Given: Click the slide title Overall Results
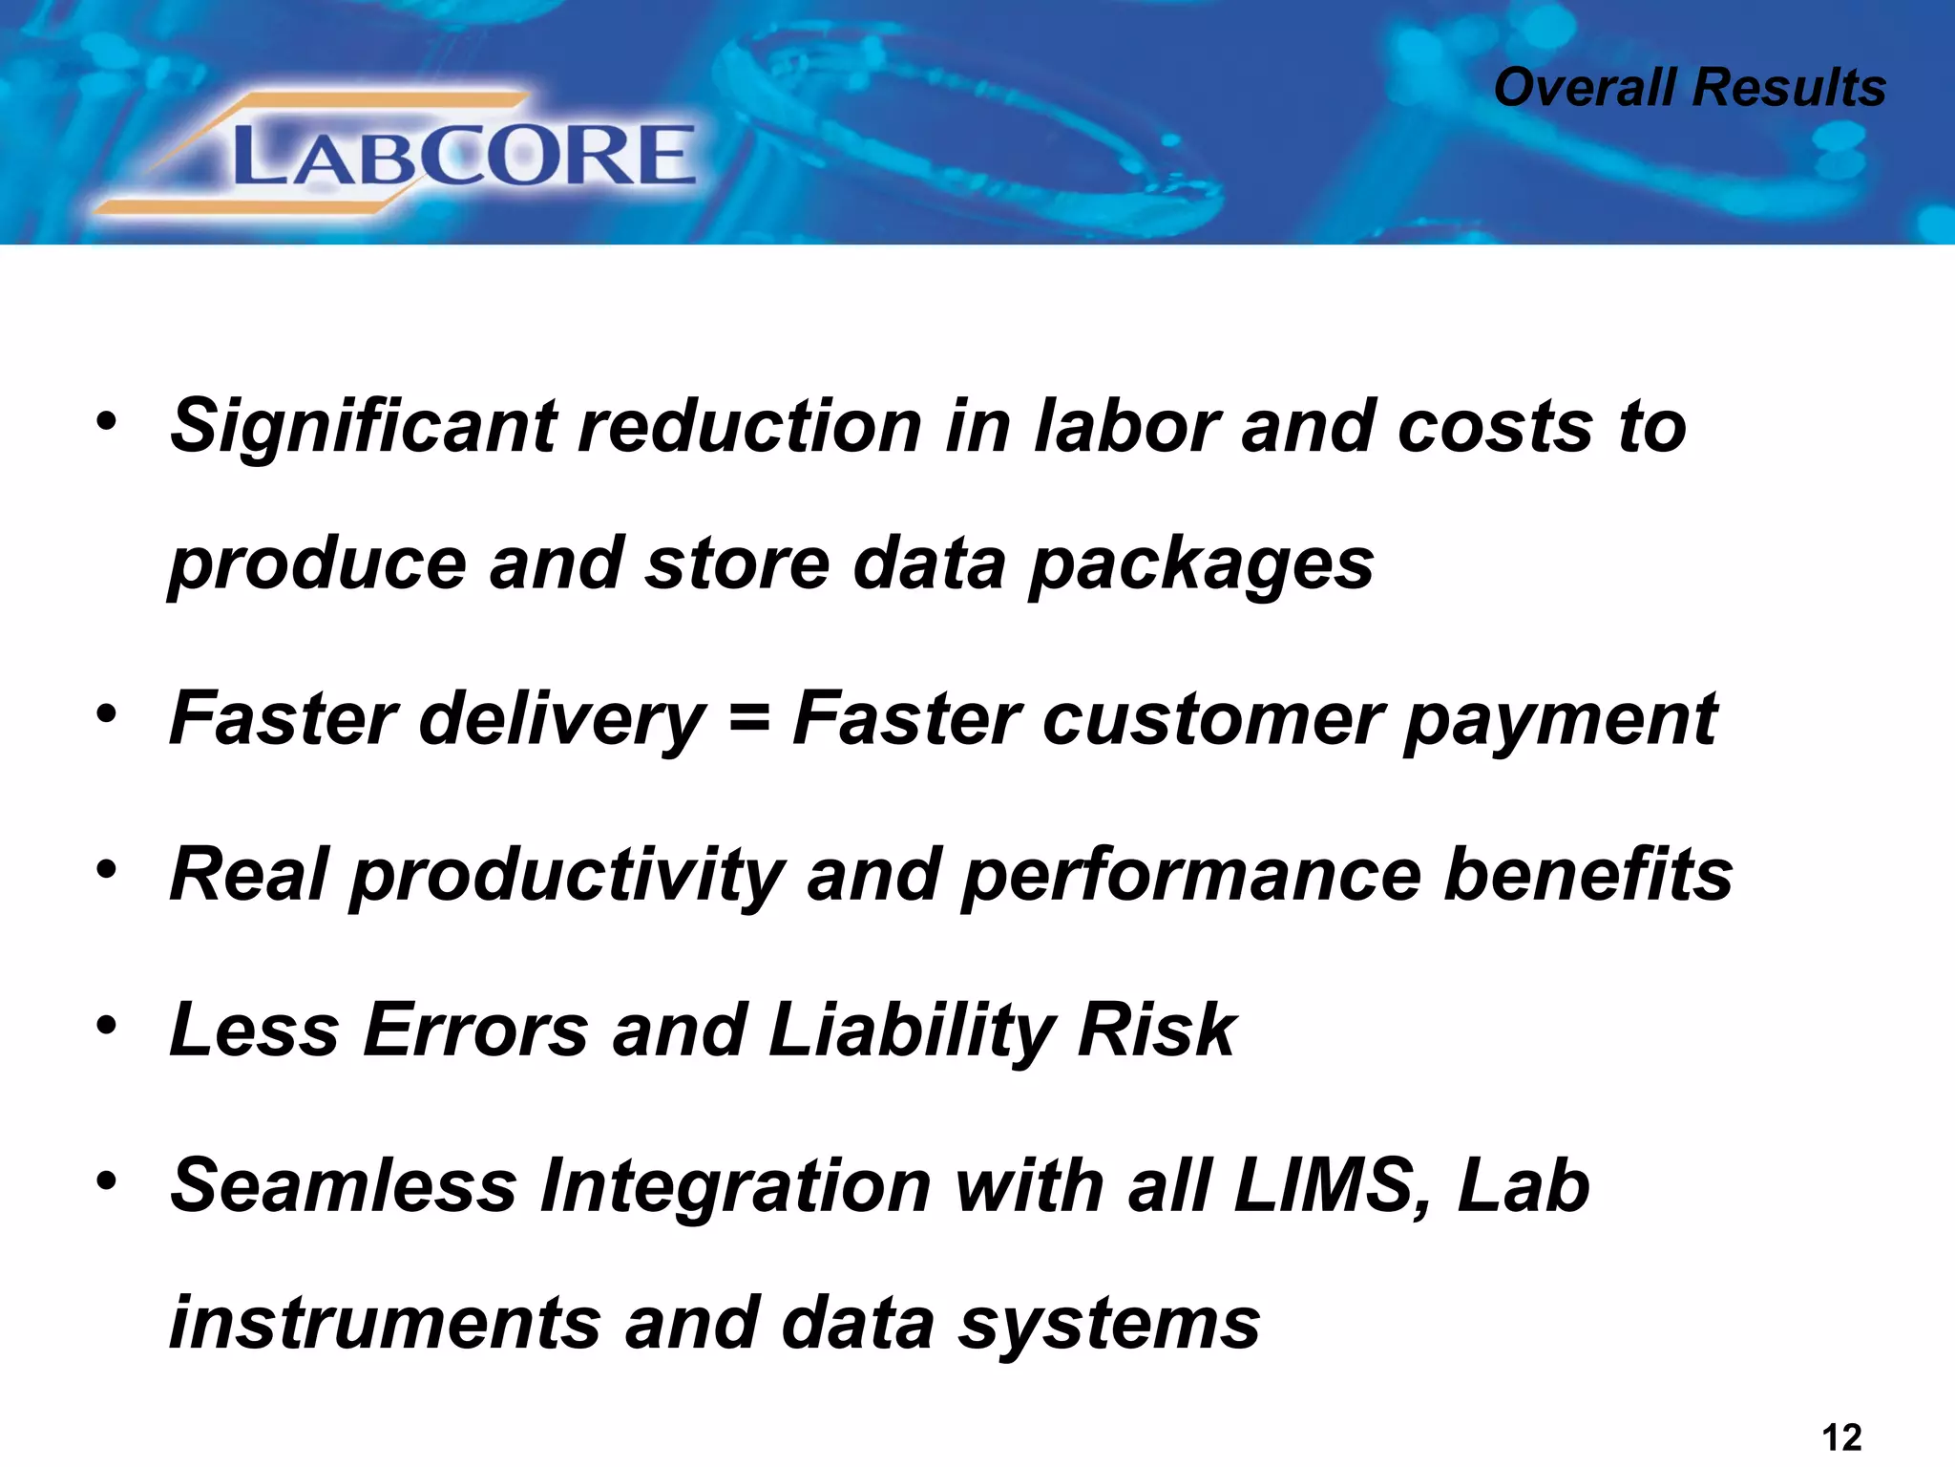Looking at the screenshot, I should click(1689, 88).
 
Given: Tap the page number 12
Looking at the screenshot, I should click(1841, 1436).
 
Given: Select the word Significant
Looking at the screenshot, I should click(363, 426).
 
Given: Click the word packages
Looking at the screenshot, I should click(1201, 565).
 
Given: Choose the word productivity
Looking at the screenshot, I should click(568, 876).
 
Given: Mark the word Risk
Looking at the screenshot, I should click(1157, 1031).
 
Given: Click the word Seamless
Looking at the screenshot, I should click(344, 1186).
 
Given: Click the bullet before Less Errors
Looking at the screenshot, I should click(106, 1026).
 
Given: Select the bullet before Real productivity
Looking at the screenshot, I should click(106, 870).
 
